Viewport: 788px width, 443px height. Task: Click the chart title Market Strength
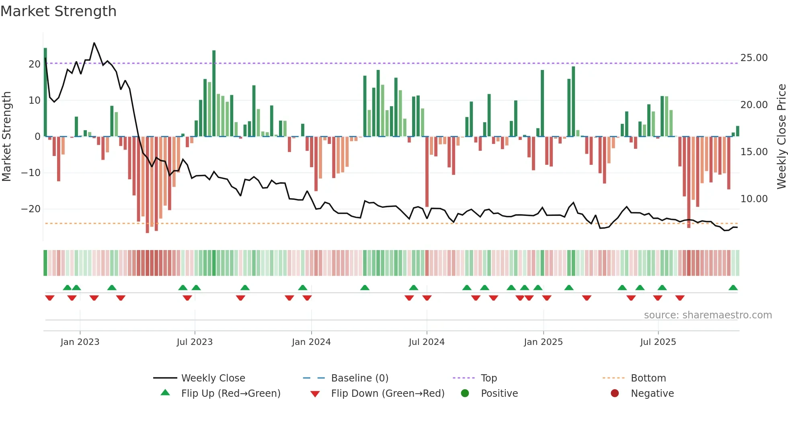pyautogui.click(x=58, y=11)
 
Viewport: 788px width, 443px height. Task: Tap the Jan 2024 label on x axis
pyautogui.click(x=311, y=342)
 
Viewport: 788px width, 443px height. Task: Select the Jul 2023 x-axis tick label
pyautogui.click(x=195, y=342)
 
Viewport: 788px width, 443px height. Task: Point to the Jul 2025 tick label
pyautogui.click(x=658, y=342)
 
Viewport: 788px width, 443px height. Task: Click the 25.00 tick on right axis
pyautogui.click(x=754, y=58)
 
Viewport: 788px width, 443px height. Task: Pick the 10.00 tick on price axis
pyautogui.click(x=754, y=199)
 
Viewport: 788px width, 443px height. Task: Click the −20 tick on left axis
pyautogui.click(x=31, y=209)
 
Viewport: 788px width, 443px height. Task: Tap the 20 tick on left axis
pyautogui.click(x=35, y=64)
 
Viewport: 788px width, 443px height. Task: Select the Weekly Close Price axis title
pyautogui.click(x=781, y=137)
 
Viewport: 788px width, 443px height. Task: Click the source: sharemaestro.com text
pyautogui.click(x=708, y=315)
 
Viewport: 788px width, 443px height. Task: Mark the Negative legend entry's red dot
pyautogui.click(x=615, y=394)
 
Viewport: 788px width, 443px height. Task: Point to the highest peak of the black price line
pyautogui.click(x=94, y=43)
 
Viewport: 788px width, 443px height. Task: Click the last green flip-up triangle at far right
pyautogui.click(x=733, y=288)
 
